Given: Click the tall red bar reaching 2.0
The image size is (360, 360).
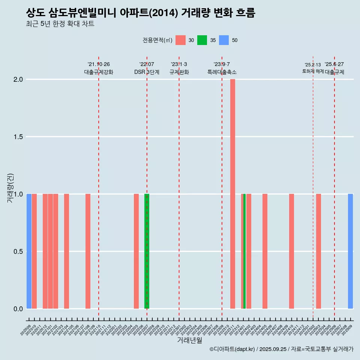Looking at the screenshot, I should [232, 194].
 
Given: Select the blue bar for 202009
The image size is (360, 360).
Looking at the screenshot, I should [29, 251].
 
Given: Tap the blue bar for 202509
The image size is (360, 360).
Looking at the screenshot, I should [350, 251].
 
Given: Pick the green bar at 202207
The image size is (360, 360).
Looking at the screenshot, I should [147, 251].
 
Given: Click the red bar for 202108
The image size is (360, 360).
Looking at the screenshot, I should [88, 251].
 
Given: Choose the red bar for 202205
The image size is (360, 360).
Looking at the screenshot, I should [136, 251].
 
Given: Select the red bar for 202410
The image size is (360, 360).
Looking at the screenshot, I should [291, 251].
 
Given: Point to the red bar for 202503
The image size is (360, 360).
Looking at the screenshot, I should [318, 251].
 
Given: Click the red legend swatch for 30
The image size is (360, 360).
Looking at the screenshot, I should [180, 40].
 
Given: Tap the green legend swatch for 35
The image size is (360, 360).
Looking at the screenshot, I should [202, 40].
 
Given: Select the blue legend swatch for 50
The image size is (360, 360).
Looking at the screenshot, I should [224, 40].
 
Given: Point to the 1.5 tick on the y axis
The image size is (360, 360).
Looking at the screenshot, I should [18, 137].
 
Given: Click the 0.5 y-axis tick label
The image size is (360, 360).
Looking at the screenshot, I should [18, 252].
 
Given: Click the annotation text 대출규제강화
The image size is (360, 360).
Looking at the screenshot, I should [99, 72].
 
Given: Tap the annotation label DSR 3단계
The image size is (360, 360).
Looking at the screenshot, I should [147, 72].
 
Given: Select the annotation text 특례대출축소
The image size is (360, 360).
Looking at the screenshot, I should [222, 72].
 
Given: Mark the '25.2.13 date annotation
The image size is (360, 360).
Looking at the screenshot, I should [313, 65].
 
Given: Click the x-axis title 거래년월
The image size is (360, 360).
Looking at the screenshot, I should [189, 340].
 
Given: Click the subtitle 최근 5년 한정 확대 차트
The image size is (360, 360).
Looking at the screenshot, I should [60, 24].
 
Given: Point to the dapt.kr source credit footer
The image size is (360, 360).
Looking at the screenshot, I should [281, 349].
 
